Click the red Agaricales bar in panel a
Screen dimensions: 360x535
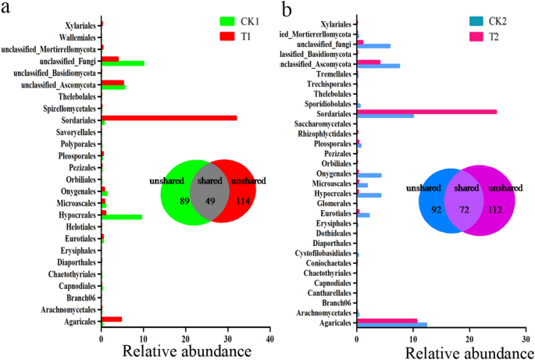point(112,319)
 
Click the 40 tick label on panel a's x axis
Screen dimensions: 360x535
point(269,341)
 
